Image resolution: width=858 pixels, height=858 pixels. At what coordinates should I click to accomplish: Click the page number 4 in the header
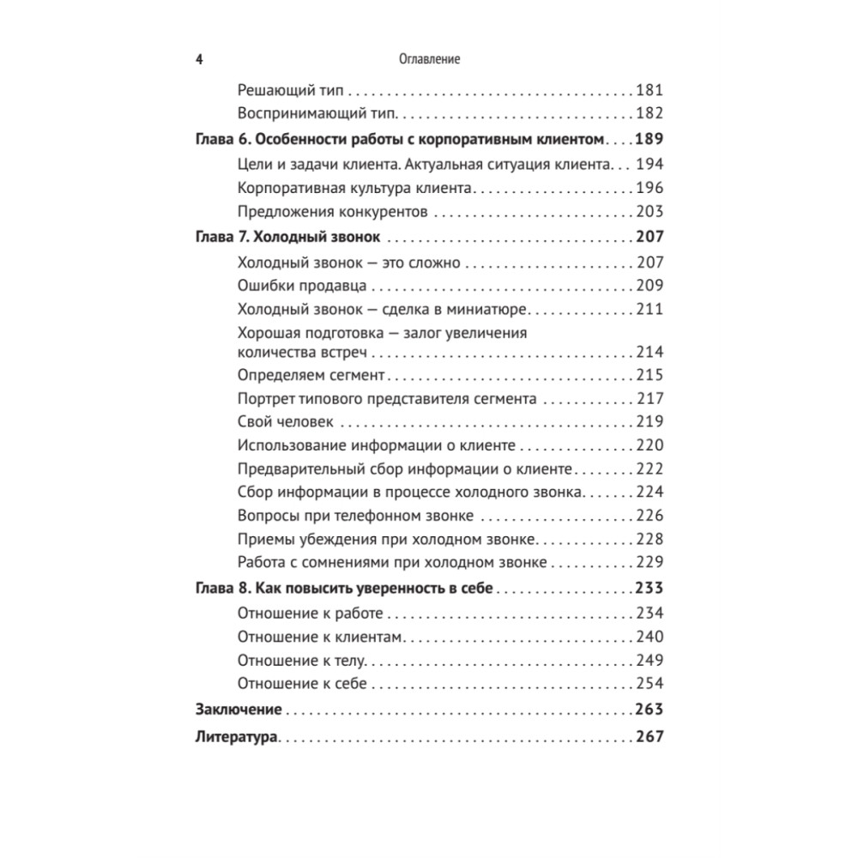coord(199,60)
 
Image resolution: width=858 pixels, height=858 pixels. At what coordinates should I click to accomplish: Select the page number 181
coord(650,89)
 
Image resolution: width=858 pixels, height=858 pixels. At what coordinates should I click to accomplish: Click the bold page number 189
coord(650,138)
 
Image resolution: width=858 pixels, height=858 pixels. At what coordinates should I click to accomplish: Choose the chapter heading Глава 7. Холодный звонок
coord(287,238)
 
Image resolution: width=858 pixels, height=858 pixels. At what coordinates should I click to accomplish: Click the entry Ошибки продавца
coord(302,287)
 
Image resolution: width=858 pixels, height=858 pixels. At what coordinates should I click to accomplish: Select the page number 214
coord(650,352)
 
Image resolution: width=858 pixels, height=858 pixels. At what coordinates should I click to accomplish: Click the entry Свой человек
coord(284,422)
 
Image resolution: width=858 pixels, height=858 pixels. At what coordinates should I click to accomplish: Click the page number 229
coord(650,563)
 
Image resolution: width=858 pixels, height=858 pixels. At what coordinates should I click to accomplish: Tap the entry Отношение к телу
coord(300,660)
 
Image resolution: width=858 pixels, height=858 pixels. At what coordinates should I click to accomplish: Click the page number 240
coord(650,637)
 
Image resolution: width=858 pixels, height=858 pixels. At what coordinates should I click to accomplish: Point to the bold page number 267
coord(650,736)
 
